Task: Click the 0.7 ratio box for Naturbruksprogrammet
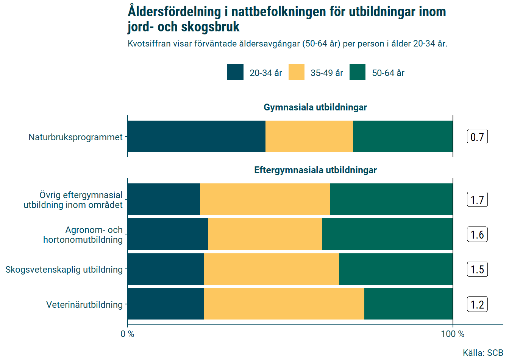(477, 137)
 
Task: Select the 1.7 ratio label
(477, 200)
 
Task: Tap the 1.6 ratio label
(477, 235)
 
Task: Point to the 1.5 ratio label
(477, 270)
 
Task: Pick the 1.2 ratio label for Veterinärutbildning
(477, 305)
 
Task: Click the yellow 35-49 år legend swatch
(297, 72)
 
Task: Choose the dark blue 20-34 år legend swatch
(235, 72)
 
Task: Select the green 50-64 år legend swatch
(358, 72)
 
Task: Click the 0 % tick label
(127, 334)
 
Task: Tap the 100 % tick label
(453, 334)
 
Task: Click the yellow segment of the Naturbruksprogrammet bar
(309, 137)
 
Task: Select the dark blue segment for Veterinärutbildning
(166, 304)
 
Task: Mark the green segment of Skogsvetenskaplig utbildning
(396, 269)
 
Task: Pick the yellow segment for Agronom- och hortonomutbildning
(265, 234)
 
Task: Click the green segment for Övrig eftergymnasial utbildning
(391, 199)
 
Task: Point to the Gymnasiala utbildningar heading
(315, 107)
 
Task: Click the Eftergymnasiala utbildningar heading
(315, 170)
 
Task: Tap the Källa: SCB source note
(483, 353)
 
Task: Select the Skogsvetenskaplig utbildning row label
(64, 270)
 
